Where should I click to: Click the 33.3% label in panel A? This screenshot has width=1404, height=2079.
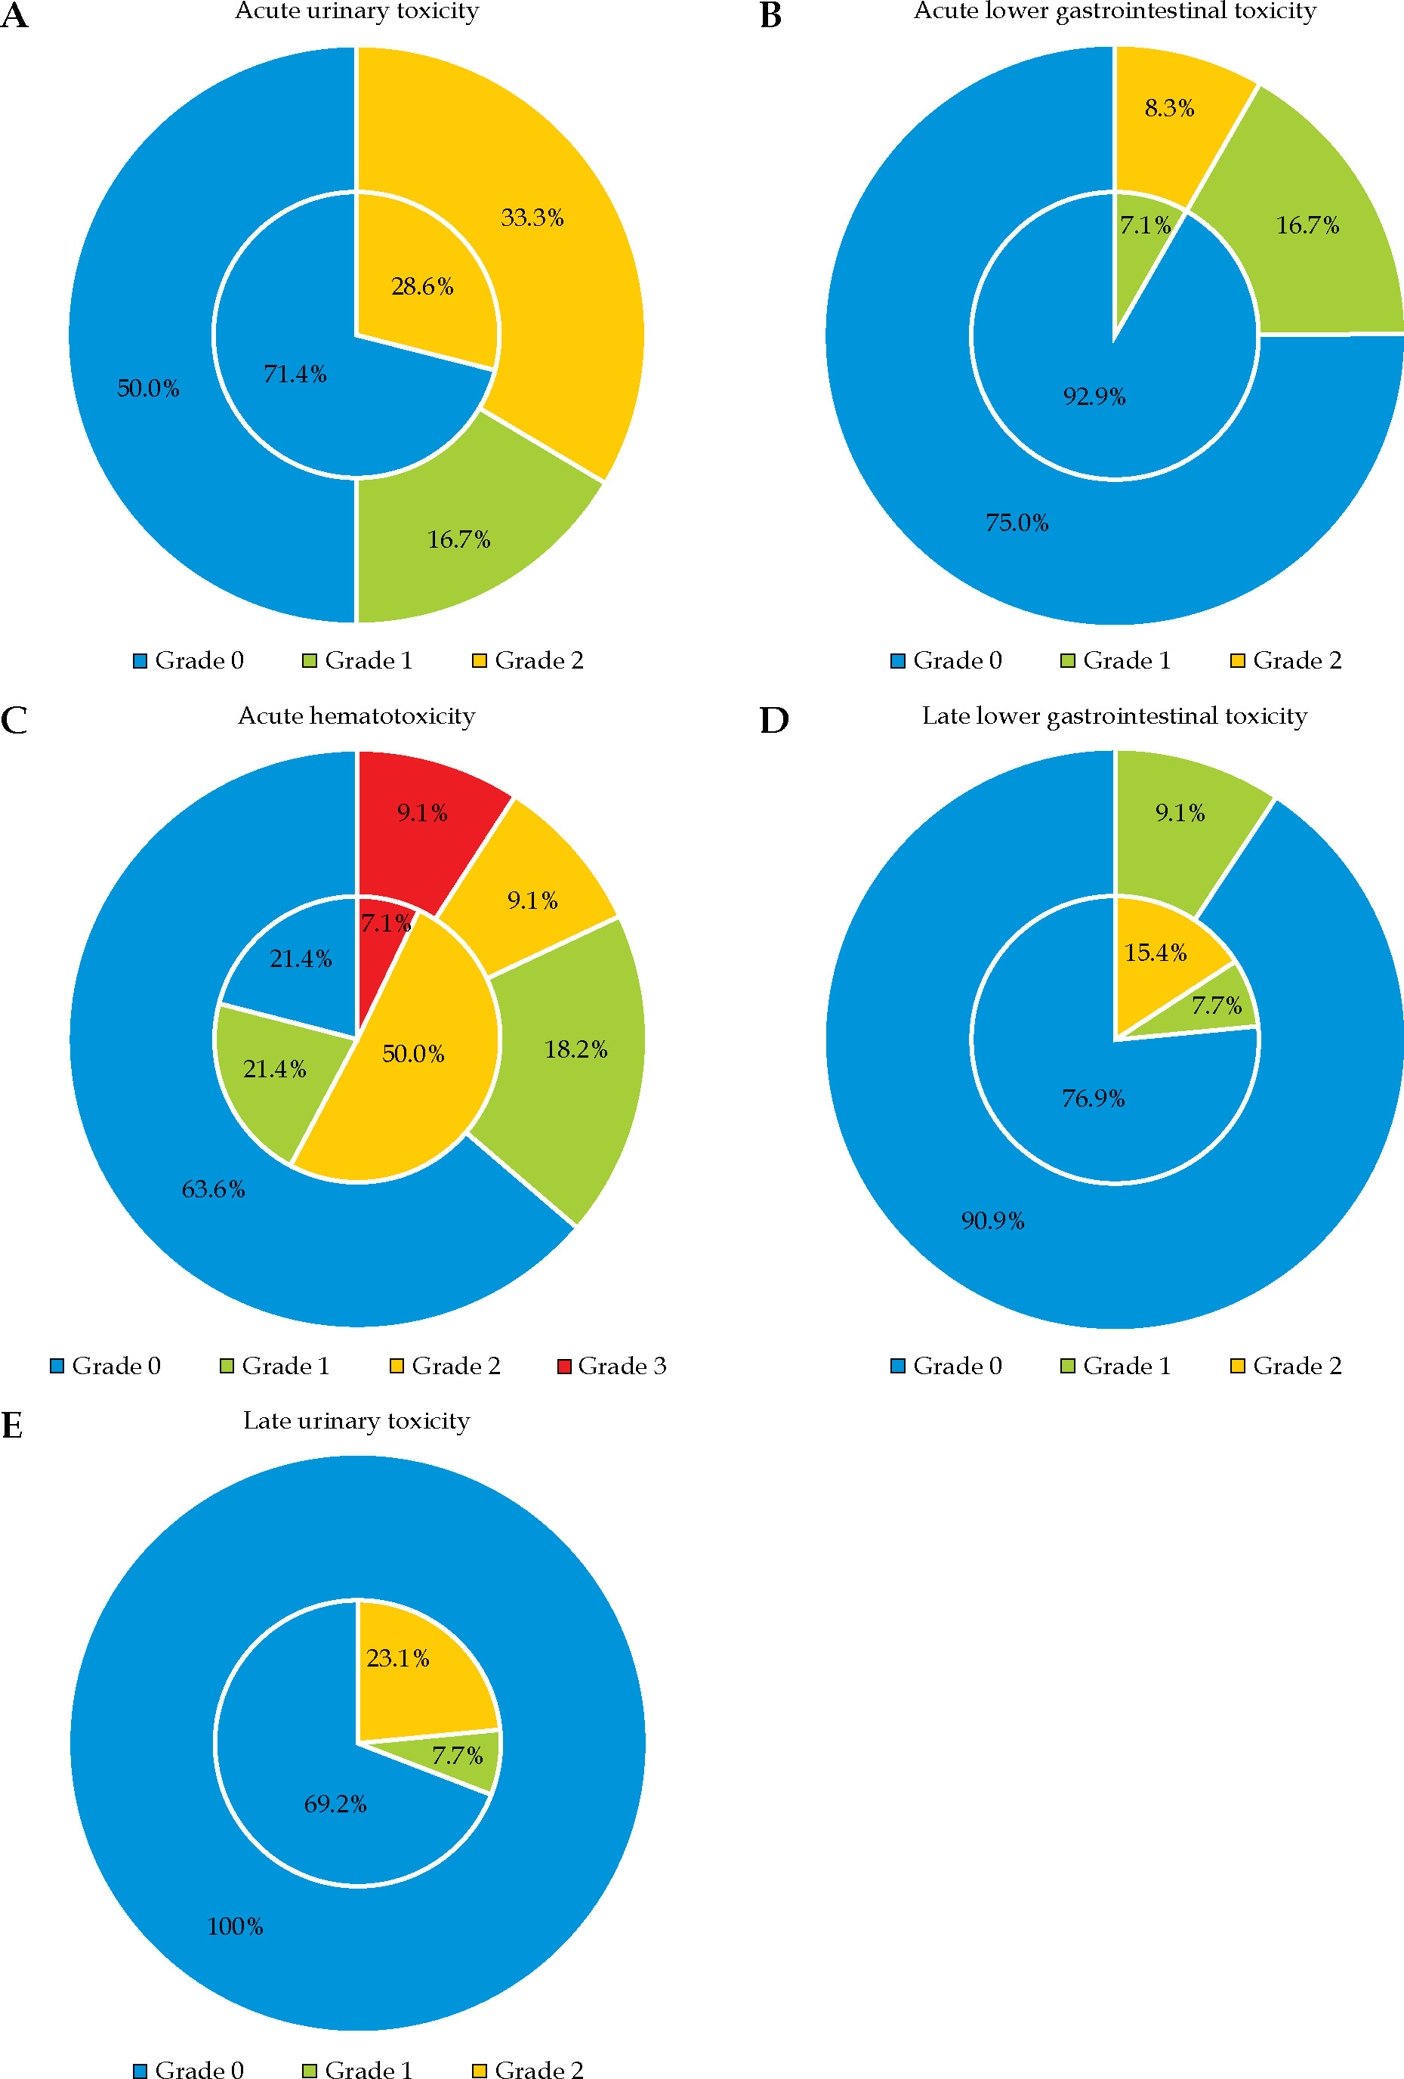tap(532, 218)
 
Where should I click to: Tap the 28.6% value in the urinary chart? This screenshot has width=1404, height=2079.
tap(422, 286)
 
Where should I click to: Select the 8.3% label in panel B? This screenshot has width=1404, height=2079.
tap(1169, 108)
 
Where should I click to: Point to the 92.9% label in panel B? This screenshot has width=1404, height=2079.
tap(1094, 397)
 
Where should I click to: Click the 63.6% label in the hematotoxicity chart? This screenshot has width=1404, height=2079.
tap(213, 1189)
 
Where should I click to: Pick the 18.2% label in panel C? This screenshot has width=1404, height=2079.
tap(576, 1049)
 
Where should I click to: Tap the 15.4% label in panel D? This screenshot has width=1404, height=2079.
tap(1156, 953)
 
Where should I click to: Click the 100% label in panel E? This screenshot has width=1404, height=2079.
tap(235, 1926)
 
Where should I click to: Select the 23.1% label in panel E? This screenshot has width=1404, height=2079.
tap(398, 1657)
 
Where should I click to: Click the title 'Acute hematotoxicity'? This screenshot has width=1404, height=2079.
tap(356, 715)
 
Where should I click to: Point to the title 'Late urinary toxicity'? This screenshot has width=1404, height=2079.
tap(356, 1420)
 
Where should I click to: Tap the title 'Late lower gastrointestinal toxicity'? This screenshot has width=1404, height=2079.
tap(1114, 715)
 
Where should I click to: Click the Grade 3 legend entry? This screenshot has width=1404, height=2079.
tap(613, 1366)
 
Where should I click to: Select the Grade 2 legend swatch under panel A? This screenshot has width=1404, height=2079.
tap(480, 661)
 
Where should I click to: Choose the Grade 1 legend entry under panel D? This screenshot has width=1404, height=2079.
tap(1115, 1366)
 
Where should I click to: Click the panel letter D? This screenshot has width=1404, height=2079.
tap(774, 720)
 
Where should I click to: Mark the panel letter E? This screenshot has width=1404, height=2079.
tap(13, 1425)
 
